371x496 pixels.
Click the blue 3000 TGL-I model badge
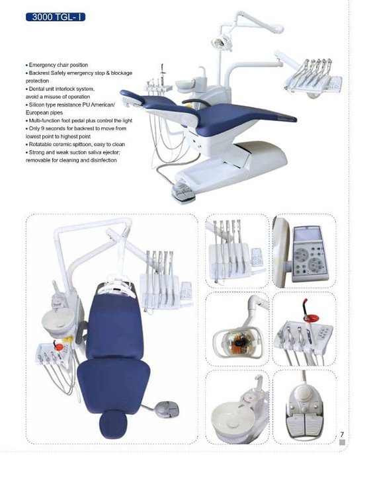point(56,17)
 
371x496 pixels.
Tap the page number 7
point(342,434)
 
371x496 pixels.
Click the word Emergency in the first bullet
point(42,65)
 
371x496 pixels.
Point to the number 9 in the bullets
point(42,128)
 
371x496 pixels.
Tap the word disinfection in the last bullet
point(104,160)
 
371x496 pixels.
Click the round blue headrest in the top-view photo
point(113,424)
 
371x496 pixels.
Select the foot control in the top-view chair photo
point(167,409)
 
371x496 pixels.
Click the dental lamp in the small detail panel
point(238,342)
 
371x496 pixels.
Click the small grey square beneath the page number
point(342,442)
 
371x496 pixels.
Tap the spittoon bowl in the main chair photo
point(185,85)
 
